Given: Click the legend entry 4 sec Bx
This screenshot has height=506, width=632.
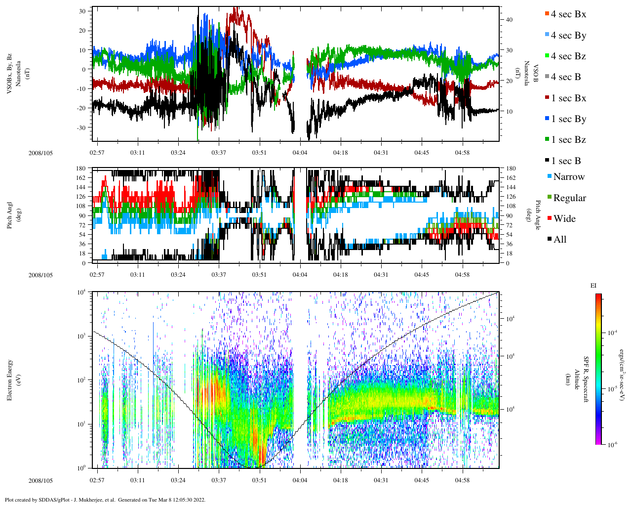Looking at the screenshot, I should (x=568, y=14).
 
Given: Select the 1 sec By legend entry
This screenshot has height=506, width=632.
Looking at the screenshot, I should (x=568, y=119).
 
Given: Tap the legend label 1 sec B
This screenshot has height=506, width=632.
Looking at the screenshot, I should (x=566, y=161).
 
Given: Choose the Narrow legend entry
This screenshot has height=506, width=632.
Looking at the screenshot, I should (x=568, y=177).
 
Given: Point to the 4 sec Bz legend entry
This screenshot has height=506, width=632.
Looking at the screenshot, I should (x=568, y=56).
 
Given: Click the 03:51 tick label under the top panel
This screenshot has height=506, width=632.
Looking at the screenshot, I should (x=259, y=153).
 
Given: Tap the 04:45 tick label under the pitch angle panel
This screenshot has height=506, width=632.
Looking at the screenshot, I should (x=422, y=275).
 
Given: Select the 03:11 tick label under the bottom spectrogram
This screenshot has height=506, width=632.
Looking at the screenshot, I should (x=138, y=480).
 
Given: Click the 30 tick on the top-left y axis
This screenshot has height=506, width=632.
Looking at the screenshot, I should (x=82, y=11).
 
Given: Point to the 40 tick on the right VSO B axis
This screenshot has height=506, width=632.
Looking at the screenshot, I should (x=509, y=20).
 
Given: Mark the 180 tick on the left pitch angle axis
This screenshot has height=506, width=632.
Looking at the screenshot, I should (x=80, y=169).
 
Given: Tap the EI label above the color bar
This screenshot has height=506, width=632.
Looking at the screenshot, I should (x=593, y=286).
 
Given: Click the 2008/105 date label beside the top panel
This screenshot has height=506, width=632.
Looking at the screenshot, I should (x=40, y=153).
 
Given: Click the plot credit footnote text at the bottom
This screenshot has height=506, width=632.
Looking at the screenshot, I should (x=105, y=500).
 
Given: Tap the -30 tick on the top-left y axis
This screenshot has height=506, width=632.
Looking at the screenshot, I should (x=80, y=127).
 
